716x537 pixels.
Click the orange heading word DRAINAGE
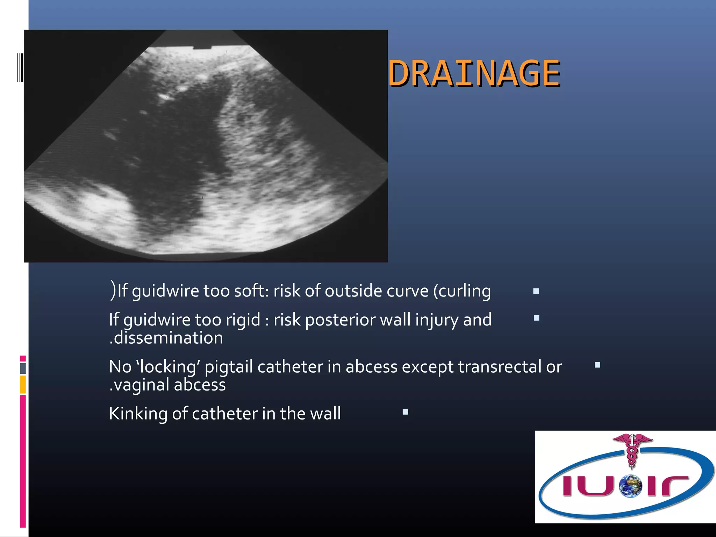474,73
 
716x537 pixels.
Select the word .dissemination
166,338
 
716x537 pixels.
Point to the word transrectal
500,367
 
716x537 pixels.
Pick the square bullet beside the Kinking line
405,412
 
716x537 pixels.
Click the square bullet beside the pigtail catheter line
597,365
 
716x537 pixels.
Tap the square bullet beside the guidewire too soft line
536,291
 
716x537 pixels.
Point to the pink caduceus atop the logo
632,449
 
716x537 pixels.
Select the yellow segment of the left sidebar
23,385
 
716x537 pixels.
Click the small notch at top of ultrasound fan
202,47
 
